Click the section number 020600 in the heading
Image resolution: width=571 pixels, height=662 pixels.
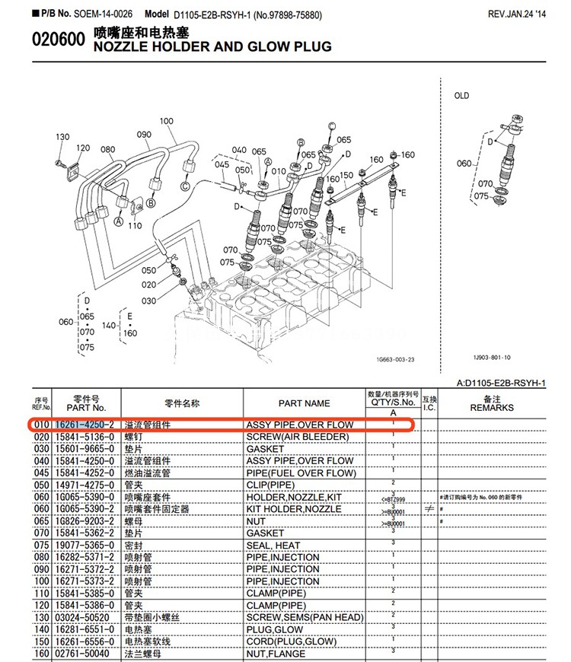point(59,41)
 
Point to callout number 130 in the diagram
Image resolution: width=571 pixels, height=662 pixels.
point(62,137)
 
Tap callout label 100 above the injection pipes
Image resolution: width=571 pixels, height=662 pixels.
point(167,121)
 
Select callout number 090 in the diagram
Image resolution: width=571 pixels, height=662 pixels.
point(144,135)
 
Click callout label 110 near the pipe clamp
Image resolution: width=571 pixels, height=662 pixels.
point(135,226)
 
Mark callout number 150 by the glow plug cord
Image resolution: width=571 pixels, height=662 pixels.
point(346,175)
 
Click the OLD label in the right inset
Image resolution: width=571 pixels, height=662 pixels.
point(461,96)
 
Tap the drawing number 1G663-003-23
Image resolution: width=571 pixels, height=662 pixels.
point(394,358)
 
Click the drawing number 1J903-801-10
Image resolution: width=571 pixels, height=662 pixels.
point(491,358)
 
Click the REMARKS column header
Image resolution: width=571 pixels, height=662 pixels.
point(492,408)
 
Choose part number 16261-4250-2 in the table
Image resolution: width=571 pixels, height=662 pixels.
point(84,425)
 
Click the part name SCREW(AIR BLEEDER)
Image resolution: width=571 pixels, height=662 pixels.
point(297,437)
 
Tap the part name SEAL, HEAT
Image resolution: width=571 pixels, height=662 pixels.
point(273,546)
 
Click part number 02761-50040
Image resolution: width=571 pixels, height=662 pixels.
point(82,654)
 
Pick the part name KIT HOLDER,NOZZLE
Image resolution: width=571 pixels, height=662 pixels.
point(293,509)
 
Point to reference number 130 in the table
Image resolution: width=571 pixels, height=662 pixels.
point(40,618)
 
